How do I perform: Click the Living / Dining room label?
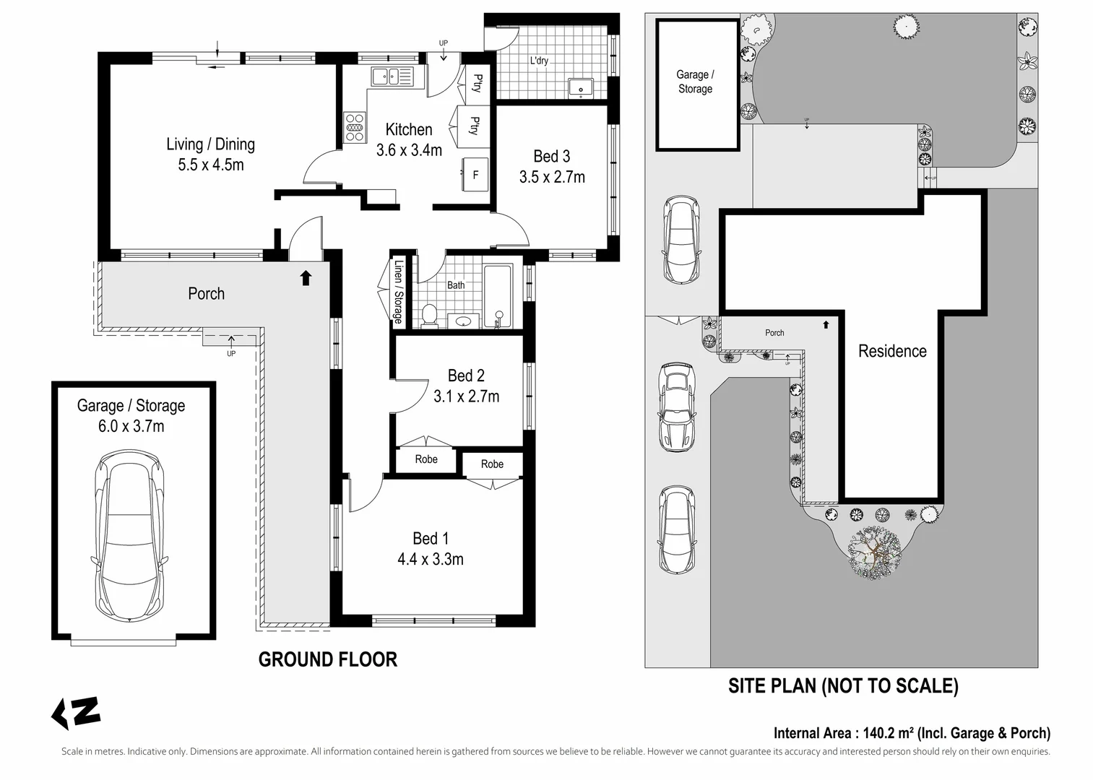pos(211,144)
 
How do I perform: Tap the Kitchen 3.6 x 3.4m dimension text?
pos(409,150)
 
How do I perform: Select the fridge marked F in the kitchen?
pos(475,174)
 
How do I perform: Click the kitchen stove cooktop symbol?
pos(355,127)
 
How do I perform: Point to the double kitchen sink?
pos(392,77)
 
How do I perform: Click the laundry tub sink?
pos(581,88)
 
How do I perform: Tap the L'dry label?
pos(539,61)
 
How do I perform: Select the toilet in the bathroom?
pos(429,315)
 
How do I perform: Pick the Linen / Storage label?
pos(399,292)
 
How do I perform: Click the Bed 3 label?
pos(551,156)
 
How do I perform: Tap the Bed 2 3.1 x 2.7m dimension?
pos(467,396)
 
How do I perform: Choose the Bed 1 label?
pos(431,538)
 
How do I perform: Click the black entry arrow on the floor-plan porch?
pos(306,277)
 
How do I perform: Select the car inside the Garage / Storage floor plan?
pos(130,536)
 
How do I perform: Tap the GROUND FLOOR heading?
pos(328,659)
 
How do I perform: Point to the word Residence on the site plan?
pos(892,351)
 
